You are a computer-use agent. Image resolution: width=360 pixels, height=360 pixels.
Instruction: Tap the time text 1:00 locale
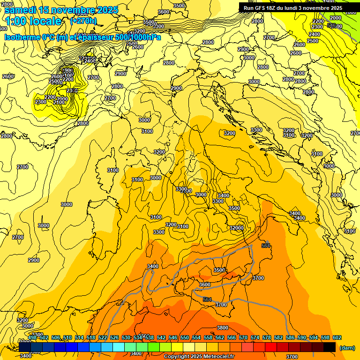tap(33, 21)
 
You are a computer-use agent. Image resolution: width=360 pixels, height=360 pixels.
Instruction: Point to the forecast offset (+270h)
tap(83, 21)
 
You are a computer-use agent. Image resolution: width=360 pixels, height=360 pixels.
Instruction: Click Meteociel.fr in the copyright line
tap(222, 357)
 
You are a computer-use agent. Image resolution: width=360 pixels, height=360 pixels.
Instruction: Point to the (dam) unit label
tap(347, 347)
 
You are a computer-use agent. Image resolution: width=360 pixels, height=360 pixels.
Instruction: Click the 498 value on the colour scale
tap(32, 338)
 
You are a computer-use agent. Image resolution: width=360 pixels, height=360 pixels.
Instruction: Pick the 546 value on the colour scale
tap(173, 338)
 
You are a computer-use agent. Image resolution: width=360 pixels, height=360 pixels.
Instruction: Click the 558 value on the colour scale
tap(208, 338)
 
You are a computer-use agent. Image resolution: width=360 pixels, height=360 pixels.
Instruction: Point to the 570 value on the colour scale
tap(243, 338)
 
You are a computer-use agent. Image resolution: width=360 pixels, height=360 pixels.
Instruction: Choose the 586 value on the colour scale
tap(290, 338)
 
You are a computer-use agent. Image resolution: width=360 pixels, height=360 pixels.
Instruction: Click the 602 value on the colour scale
tap(337, 338)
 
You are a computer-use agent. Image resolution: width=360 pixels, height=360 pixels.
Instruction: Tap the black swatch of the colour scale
tap(330, 347)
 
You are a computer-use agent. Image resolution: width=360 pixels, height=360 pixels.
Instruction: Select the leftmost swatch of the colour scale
tap(24, 347)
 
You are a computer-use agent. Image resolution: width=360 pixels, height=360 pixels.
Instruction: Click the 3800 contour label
tap(223, 328)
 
